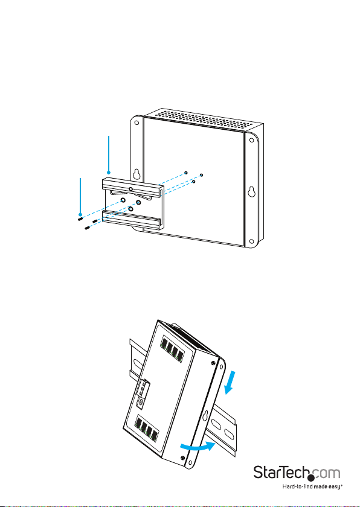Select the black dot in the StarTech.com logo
pyautogui.click(x=311, y=478)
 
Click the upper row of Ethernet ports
pyautogui.click(x=172, y=348)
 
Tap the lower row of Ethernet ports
pyautogui.click(x=148, y=429)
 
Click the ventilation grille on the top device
pyautogui.click(x=203, y=118)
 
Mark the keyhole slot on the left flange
pyautogui.click(x=137, y=174)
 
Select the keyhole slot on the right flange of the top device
pyautogui.click(x=251, y=193)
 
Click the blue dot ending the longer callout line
pyautogui.click(x=109, y=173)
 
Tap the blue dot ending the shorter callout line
pyautogui.click(x=80, y=214)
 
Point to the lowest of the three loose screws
pyautogui.click(x=88, y=228)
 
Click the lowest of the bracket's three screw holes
pyautogui.click(x=130, y=209)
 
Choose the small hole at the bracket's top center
pyautogui.click(x=130, y=188)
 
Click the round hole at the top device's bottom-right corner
pyautogui.click(x=251, y=241)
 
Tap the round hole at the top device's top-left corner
pyautogui.click(x=137, y=123)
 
